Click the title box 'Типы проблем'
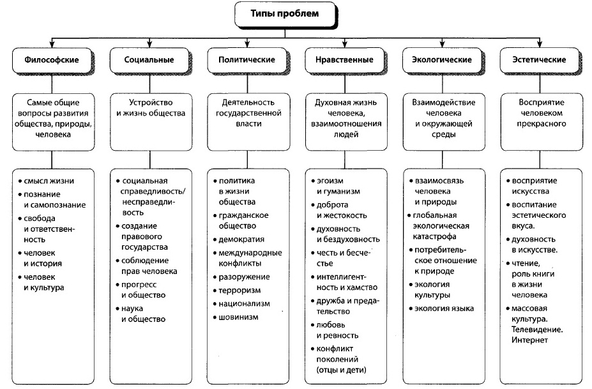click(x=285, y=14)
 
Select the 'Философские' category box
click(x=52, y=60)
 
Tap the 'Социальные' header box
click(x=149, y=60)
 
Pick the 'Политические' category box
click(x=247, y=60)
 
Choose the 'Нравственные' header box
click(x=344, y=60)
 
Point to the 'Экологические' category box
click(x=442, y=60)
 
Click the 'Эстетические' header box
click(x=539, y=60)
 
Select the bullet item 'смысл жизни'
click(x=46, y=181)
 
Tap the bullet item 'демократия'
click(x=239, y=240)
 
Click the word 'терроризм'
click(x=239, y=291)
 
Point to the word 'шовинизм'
click(x=238, y=317)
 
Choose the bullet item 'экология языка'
click(x=441, y=309)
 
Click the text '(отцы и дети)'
click(x=341, y=370)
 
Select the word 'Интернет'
click(x=529, y=340)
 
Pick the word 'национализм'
click(x=245, y=304)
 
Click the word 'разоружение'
click(x=245, y=277)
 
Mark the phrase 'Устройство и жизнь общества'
click(x=151, y=108)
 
